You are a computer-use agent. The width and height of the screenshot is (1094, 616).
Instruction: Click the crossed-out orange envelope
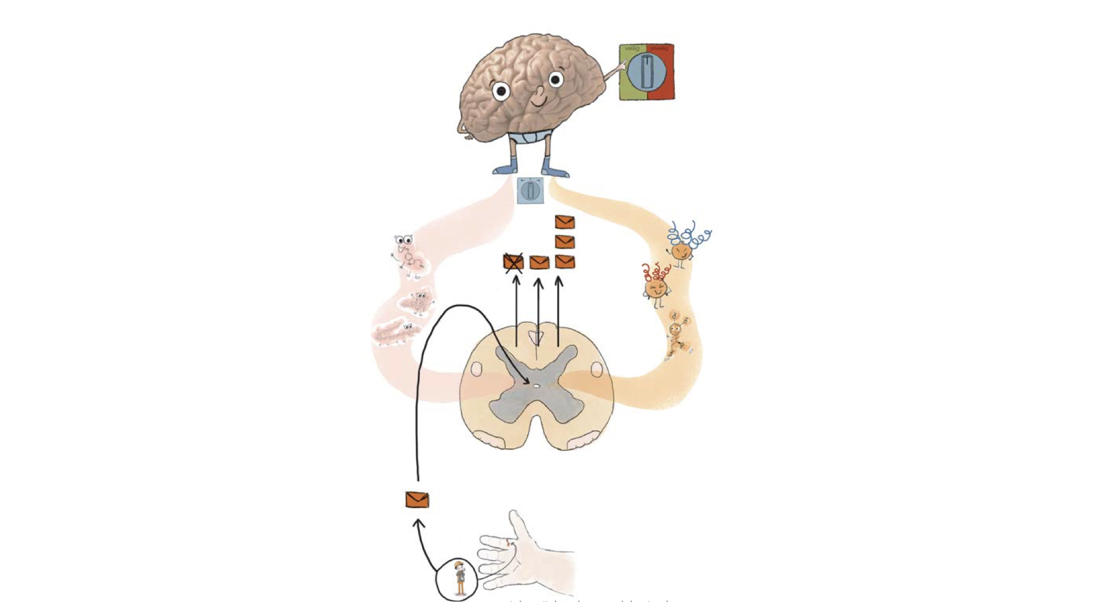point(513,262)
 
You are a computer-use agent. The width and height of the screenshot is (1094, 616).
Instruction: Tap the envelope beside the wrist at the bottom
point(417,500)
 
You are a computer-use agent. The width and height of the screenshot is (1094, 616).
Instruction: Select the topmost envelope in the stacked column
point(564,222)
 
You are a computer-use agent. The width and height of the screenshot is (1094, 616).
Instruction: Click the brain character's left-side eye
point(501,91)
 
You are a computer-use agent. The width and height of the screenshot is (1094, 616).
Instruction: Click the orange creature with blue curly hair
point(681,250)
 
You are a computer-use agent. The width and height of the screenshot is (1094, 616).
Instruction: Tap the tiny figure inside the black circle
point(460,579)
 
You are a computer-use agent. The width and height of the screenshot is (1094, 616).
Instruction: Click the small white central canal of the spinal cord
point(536,386)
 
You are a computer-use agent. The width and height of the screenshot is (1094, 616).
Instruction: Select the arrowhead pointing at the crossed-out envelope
point(516,279)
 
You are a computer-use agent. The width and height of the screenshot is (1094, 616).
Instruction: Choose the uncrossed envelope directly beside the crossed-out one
point(539,262)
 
